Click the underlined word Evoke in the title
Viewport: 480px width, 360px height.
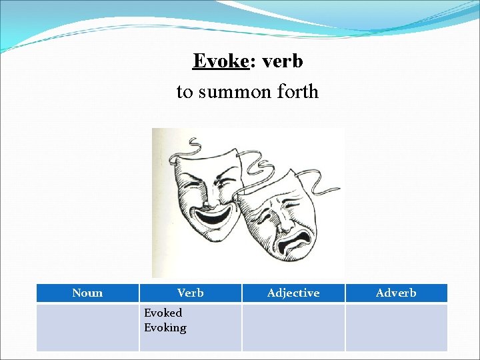220,61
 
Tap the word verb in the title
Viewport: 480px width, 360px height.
283,61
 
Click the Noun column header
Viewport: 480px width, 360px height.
87,293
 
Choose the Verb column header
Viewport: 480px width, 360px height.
191,293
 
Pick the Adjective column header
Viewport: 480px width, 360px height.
293,293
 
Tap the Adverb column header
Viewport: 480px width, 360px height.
396,293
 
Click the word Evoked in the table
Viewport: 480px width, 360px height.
163,313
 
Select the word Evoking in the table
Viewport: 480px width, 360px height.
165,327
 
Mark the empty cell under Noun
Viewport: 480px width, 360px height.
87,327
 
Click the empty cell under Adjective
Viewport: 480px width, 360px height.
293,327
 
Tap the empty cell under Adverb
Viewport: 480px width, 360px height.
396,327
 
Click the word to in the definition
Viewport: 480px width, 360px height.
184,91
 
